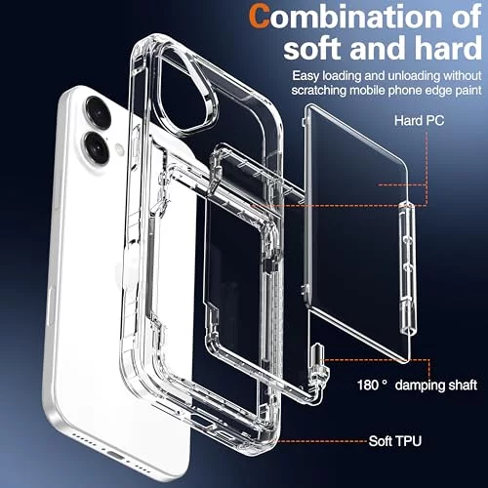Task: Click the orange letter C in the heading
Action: coord(260,17)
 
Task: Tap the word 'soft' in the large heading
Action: coord(312,48)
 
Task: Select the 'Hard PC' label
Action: coord(419,120)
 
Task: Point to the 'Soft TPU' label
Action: coord(395,441)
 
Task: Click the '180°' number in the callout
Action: coord(373,386)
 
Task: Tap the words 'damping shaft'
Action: coord(436,386)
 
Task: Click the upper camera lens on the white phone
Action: coord(98,112)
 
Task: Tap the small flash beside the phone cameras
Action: coord(120,149)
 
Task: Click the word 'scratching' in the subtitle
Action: coord(319,90)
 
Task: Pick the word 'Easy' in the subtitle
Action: coord(305,76)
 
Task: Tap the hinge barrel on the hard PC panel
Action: coord(408,267)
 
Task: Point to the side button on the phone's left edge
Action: coord(52,305)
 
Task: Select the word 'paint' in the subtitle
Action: coord(468,91)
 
